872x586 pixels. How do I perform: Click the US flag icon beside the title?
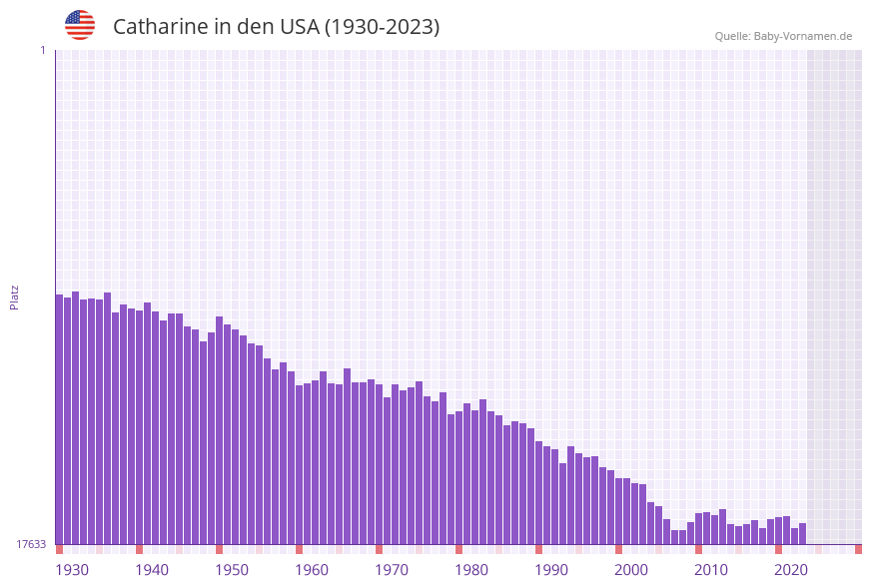(80, 25)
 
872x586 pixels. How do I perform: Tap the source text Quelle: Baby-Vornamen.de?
(783, 36)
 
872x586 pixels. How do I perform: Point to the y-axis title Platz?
(15, 296)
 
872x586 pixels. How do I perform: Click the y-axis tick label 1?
(42, 50)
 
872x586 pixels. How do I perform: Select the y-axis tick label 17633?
(31, 544)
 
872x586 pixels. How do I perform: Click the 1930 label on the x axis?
(71, 570)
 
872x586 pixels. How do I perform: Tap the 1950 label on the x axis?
(231, 570)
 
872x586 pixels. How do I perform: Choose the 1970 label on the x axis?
(391, 570)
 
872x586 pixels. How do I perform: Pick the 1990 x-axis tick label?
(550, 570)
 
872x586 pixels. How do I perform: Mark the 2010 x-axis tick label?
(710, 570)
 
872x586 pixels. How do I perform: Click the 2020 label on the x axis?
(790, 570)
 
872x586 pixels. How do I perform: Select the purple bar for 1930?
(60, 419)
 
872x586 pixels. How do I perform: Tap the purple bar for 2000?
(619, 511)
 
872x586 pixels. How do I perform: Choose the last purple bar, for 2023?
(803, 534)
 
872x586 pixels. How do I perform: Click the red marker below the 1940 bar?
(140, 549)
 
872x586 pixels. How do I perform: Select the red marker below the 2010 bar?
(699, 549)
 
